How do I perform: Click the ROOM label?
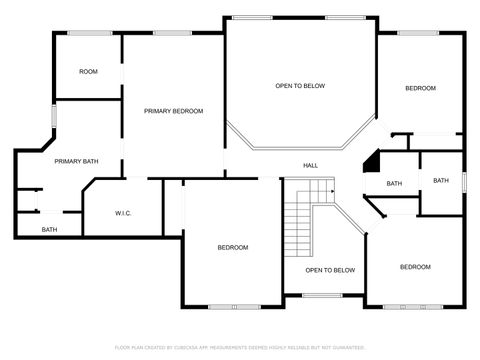click(89, 71)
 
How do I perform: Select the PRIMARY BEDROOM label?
click(173, 111)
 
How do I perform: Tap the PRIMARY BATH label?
click(76, 161)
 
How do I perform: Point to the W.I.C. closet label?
click(124, 212)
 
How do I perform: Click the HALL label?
click(311, 165)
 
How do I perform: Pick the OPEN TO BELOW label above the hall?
click(300, 86)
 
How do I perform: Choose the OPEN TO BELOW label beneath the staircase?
click(330, 270)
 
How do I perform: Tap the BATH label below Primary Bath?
click(49, 230)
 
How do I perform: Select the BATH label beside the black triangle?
click(394, 183)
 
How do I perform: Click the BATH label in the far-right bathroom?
click(441, 180)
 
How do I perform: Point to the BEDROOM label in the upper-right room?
click(420, 89)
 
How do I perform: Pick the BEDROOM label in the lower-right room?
click(415, 267)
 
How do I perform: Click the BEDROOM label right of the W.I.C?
click(233, 247)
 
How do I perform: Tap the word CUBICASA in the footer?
click(186, 347)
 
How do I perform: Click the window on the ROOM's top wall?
click(95, 33)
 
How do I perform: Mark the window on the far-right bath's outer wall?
click(465, 180)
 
